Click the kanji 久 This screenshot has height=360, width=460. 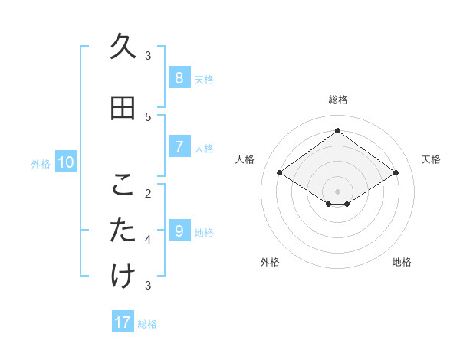(x=123, y=47)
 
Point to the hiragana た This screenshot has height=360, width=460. (x=123, y=231)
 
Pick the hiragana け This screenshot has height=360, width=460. (x=123, y=277)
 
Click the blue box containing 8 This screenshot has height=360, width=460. (x=179, y=77)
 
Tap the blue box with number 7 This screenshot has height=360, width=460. (x=179, y=146)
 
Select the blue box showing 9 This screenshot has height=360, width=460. (x=179, y=231)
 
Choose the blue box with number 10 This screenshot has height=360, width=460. (x=66, y=162)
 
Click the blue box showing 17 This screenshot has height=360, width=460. (x=123, y=322)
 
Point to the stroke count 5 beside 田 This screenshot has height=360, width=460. (x=148, y=116)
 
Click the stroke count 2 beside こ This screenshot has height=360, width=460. (x=148, y=193)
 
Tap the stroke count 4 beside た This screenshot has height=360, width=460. (x=148, y=239)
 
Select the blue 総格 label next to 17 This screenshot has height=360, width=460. (x=147, y=323)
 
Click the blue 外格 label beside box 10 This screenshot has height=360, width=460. (x=40, y=163)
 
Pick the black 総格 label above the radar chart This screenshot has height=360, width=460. (x=338, y=100)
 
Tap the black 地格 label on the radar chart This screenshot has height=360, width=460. (x=402, y=262)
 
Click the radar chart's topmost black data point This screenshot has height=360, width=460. (x=337, y=131)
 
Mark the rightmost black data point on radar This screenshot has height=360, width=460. (x=396, y=173)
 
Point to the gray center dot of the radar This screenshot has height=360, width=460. (x=337, y=191)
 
